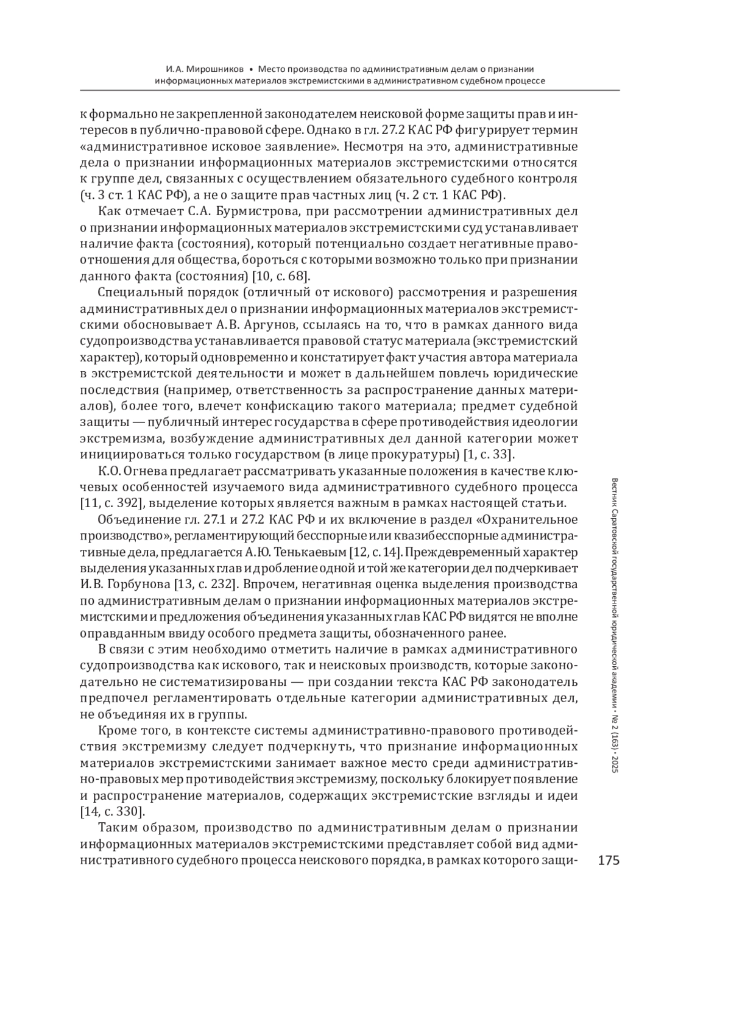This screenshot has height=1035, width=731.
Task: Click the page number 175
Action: [609, 860]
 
